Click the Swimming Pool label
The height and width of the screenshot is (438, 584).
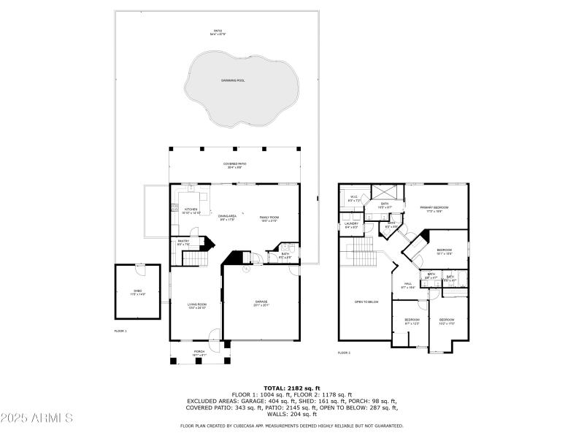234,80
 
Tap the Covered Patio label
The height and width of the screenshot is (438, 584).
234,165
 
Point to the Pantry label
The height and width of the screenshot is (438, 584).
183,242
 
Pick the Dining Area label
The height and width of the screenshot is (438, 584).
227,218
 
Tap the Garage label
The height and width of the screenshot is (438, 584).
261,302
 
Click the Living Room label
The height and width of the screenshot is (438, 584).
197,307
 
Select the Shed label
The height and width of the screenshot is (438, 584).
137,293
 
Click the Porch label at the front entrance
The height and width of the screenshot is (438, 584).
199,353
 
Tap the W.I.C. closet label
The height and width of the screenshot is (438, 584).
353,198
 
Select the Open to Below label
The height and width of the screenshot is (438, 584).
366,301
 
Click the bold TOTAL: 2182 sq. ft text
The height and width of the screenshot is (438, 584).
291,388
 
